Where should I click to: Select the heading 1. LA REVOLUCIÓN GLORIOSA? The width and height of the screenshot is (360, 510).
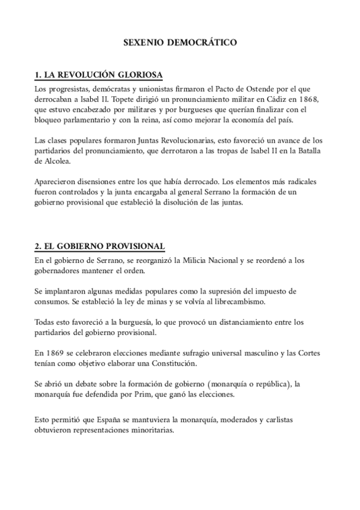(99, 75)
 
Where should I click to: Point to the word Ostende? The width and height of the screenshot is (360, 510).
(267, 89)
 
